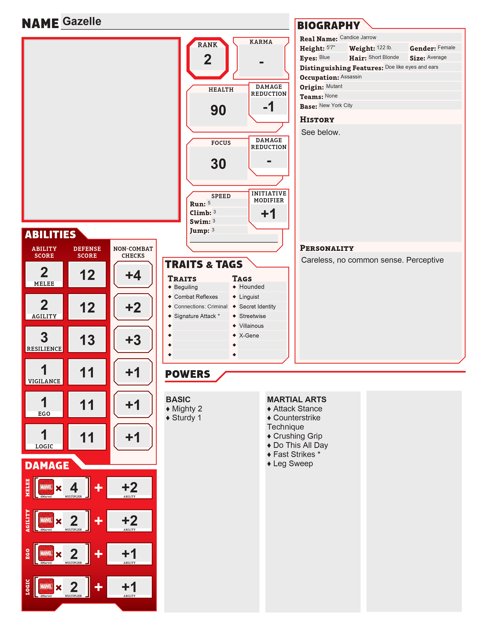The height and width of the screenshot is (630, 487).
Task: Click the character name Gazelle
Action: [x=82, y=21]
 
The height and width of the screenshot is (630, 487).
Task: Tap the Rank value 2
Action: [x=207, y=59]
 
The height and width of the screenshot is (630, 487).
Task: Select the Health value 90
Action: [x=218, y=110]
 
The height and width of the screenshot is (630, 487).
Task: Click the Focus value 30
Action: [x=218, y=164]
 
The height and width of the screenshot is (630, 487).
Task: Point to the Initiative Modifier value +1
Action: [x=268, y=214]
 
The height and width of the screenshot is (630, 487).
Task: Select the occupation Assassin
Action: [x=351, y=77]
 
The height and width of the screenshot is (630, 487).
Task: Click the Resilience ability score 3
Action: [x=44, y=337]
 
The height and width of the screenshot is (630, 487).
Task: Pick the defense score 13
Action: [x=87, y=340]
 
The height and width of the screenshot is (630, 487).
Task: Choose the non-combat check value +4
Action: [x=133, y=275]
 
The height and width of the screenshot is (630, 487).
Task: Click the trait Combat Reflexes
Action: [x=196, y=297]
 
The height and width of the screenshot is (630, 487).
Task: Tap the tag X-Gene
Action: [x=249, y=335]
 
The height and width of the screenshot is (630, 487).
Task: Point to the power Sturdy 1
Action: [x=186, y=418]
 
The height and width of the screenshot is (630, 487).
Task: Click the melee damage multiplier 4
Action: [x=74, y=488]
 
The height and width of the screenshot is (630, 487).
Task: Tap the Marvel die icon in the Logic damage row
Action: [x=46, y=586]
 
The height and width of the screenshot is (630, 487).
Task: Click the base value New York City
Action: [x=336, y=106]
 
